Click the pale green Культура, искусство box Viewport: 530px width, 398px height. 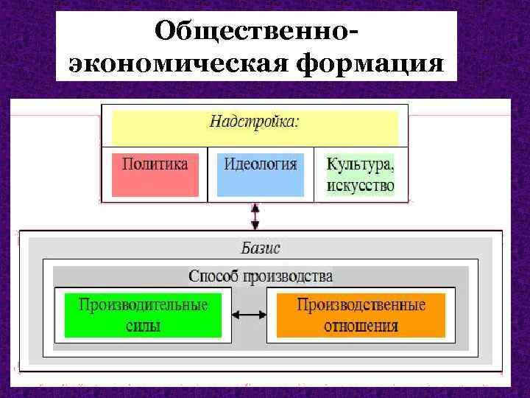(360, 174)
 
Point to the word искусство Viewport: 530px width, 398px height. (360, 185)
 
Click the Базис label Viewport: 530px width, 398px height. (260, 248)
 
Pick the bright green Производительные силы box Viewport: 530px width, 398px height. (143, 315)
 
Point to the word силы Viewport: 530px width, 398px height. (143, 325)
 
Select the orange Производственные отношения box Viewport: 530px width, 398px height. (361, 315)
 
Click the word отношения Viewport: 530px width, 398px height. (361, 325)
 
